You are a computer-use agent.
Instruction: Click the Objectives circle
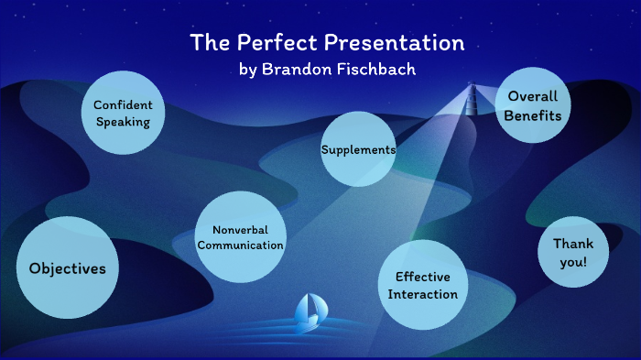tap(68, 267)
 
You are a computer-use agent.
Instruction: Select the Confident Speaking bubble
tap(123, 113)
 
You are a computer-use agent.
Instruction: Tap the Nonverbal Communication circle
tap(241, 236)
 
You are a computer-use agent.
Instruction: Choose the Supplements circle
tap(358, 148)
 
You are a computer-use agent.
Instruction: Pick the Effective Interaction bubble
tap(422, 285)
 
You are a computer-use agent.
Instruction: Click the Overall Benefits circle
tap(533, 104)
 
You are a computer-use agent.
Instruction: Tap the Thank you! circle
tap(572, 252)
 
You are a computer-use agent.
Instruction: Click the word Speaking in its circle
tap(123, 121)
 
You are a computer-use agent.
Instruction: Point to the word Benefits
tap(533, 115)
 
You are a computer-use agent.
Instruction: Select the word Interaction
tap(422, 294)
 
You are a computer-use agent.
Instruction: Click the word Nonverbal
tap(241, 229)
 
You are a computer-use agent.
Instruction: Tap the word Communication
tap(241, 245)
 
